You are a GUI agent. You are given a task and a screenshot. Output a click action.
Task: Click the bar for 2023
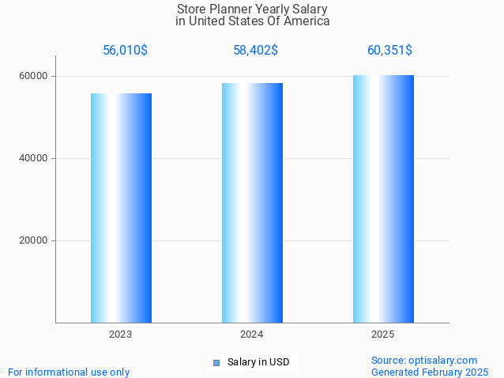click(x=121, y=207)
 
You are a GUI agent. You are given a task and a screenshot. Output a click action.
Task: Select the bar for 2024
click(x=252, y=202)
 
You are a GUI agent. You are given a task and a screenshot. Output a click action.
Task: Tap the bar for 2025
click(x=383, y=198)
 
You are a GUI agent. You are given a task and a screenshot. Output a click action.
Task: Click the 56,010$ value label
click(x=125, y=51)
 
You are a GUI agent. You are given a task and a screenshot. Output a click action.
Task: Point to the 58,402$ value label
click(x=255, y=51)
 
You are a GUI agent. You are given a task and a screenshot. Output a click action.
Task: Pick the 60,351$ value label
click(x=389, y=51)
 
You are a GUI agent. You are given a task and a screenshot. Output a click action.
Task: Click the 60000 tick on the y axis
click(x=34, y=76)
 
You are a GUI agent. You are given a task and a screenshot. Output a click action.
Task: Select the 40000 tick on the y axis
click(x=34, y=158)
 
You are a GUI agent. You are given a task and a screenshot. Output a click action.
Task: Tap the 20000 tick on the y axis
click(x=34, y=240)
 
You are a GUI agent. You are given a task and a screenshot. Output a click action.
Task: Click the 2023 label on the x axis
click(x=121, y=335)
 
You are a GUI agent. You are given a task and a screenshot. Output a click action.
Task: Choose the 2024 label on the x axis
click(x=252, y=335)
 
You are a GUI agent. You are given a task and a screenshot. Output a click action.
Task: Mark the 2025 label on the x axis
click(x=383, y=335)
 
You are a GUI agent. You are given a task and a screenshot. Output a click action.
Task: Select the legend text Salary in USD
click(x=258, y=362)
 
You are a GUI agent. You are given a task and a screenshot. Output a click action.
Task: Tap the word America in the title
click(x=307, y=21)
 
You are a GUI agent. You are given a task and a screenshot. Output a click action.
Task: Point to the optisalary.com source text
click(x=424, y=360)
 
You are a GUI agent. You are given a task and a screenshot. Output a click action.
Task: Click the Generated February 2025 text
click(x=430, y=372)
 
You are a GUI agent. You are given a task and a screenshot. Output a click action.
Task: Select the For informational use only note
click(x=69, y=372)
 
